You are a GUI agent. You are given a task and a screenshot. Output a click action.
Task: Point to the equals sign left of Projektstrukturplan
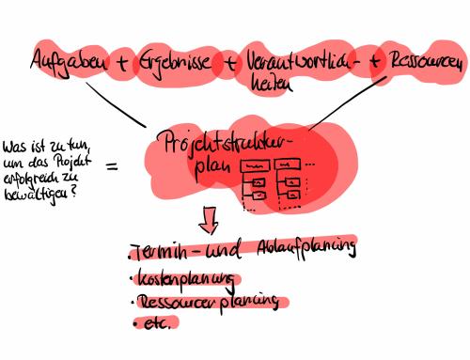click(112, 167)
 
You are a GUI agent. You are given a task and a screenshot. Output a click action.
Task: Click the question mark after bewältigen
click(74, 190)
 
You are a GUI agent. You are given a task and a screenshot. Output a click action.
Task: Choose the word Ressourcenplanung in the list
click(209, 303)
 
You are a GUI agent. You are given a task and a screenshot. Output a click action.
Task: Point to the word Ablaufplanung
click(305, 249)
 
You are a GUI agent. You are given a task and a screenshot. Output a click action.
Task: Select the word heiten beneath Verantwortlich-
click(267, 84)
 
